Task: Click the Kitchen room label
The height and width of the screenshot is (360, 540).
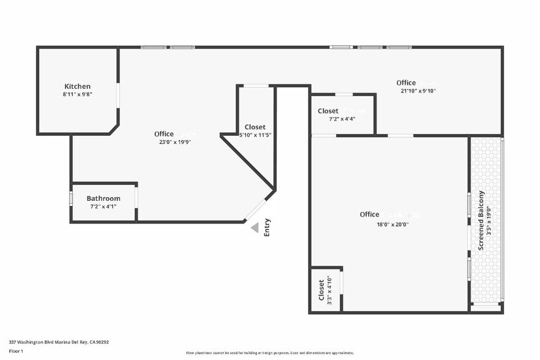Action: click(x=77, y=86)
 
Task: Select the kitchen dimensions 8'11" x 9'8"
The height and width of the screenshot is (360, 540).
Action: click(x=77, y=94)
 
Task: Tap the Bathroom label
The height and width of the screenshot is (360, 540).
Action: click(x=103, y=198)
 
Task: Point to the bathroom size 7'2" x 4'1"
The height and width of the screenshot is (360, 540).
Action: click(x=103, y=206)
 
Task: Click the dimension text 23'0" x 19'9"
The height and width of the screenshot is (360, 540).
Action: click(x=176, y=142)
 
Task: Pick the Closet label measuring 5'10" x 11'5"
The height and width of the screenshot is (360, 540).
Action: click(x=255, y=127)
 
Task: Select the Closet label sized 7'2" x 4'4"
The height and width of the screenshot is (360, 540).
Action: click(x=328, y=111)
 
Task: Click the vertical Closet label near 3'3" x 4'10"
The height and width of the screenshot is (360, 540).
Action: click(x=321, y=290)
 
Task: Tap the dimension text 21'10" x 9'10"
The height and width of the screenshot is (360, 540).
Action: click(x=418, y=91)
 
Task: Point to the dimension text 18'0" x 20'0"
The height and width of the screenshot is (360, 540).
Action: click(x=392, y=224)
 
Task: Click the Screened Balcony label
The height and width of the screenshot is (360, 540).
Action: click(x=481, y=220)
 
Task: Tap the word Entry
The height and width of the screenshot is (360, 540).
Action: click(x=267, y=228)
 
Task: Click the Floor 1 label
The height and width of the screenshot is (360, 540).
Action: click(x=16, y=351)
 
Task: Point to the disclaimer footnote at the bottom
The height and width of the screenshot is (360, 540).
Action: click(x=269, y=353)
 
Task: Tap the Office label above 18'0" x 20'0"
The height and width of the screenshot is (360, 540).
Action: click(x=369, y=214)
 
